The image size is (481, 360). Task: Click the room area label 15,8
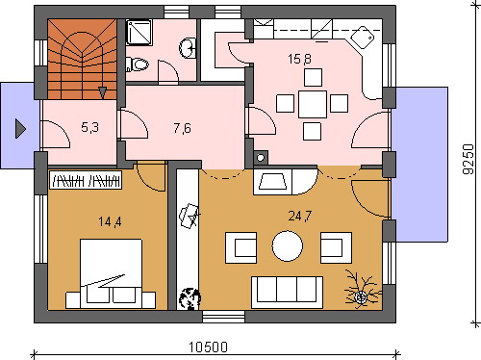[x=299, y=59]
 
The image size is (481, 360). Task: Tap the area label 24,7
[x=300, y=216]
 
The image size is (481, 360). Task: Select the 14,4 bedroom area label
[x=110, y=221]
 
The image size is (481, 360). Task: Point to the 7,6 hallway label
[x=182, y=128]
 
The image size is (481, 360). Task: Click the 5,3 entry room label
[x=89, y=127]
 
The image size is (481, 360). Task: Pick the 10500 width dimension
[x=208, y=347]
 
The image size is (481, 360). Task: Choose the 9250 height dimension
[x=468, y=159]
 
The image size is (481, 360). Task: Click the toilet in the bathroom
[x=138, y=64]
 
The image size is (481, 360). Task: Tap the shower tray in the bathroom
[x=139, y=32]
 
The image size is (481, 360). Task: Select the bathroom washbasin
[x=188, y=48]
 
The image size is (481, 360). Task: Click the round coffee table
[x=288, y=246]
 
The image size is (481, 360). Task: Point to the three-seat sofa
[x=288, y=293]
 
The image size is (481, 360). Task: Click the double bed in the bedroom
[x=111, y=273]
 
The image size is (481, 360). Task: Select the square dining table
[x=313, y=104]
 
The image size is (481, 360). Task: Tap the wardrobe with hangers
[x=86, y=180]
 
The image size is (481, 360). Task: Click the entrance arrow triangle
[x=20, y=129]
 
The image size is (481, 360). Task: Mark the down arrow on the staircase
[x=102, y=92]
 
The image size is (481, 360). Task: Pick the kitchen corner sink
[x=363, y=38]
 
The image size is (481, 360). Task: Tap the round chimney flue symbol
[x=261, y=158]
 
